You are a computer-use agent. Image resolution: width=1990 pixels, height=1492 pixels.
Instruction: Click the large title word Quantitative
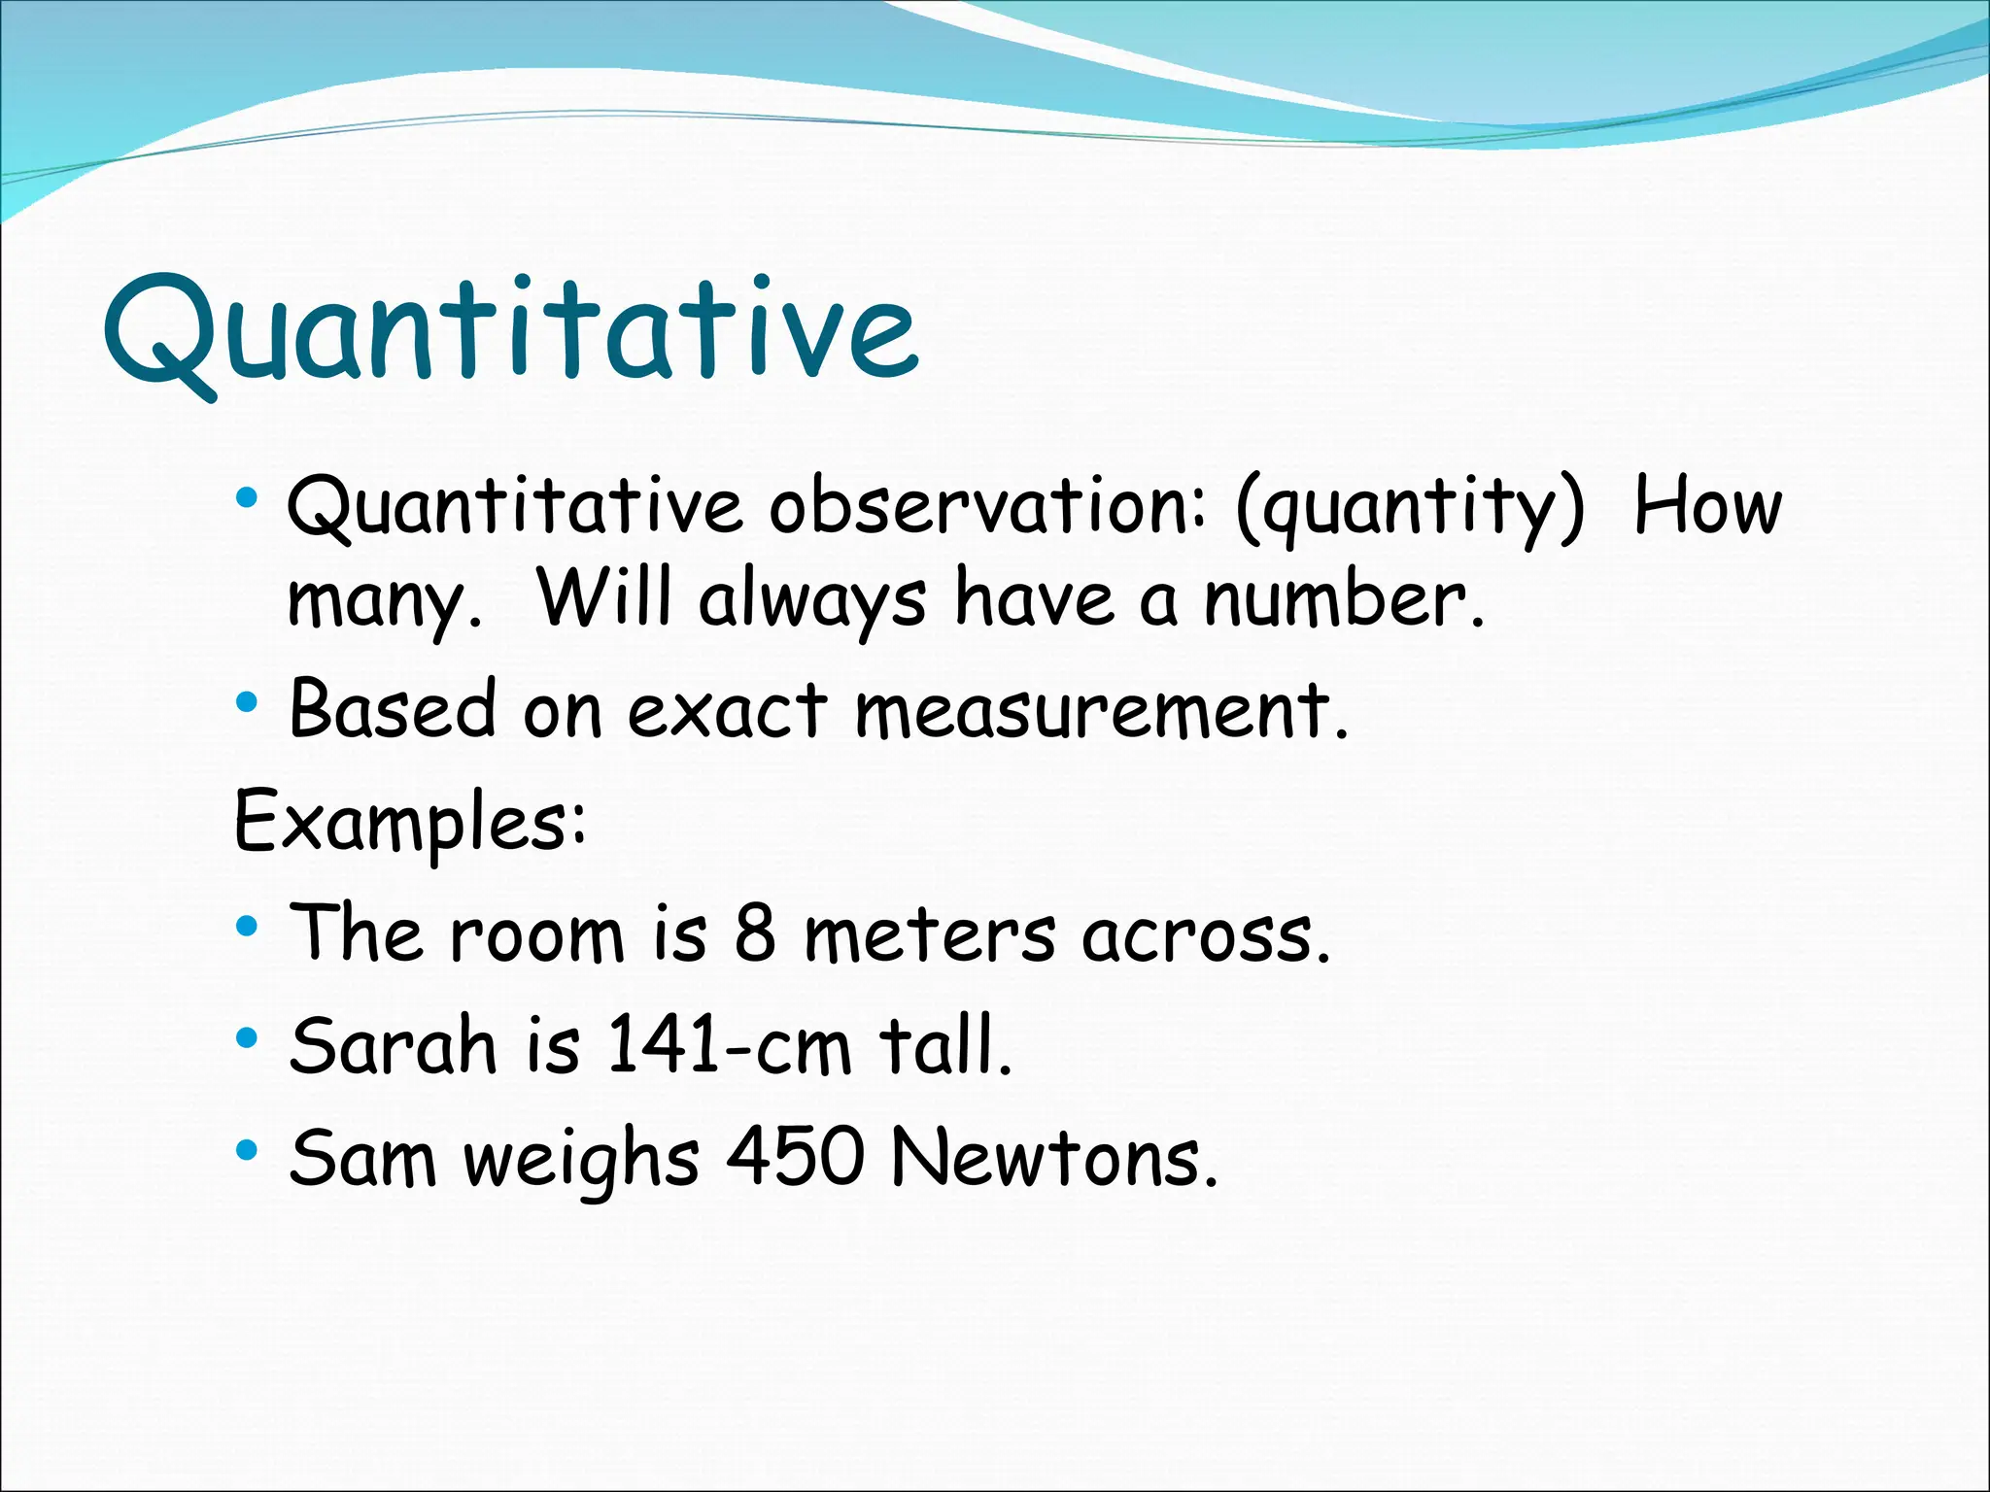pyautogui.click(x=509, y=330)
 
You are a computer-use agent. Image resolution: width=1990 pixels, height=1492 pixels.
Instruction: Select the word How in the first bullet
pyautogui.click(x=1707, y=507)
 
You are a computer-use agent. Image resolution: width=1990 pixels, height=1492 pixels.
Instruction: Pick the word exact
pyautogui.click(x=727, y=710)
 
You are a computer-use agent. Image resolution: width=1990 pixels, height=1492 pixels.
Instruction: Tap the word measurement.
pyautogui.click(x=1101, y=710)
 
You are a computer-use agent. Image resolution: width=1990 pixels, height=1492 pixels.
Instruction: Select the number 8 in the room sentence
pyautogui.click(x=755, y=933)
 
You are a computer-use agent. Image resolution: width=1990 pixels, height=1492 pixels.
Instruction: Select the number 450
pyautogui.click(x=796, y=1158)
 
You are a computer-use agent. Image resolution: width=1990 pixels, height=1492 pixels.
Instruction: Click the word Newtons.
pyautogui.click(x=1053, y=1158)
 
